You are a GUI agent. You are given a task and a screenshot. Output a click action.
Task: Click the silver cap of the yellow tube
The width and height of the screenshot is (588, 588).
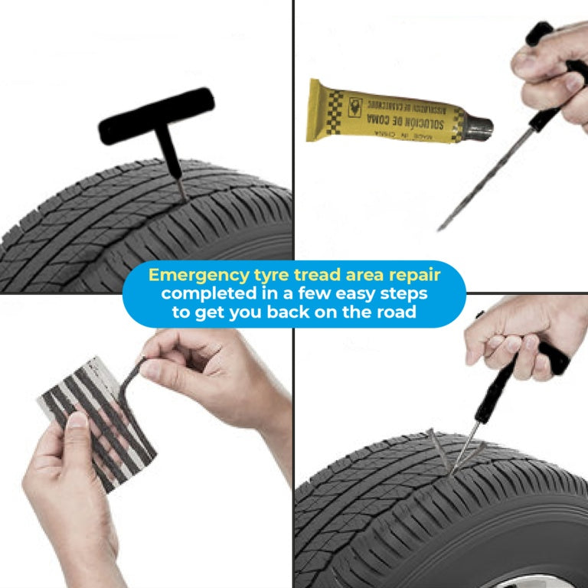tap(481, 126)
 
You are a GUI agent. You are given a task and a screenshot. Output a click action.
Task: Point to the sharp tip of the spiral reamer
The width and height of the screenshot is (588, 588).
tap(439, 228)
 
